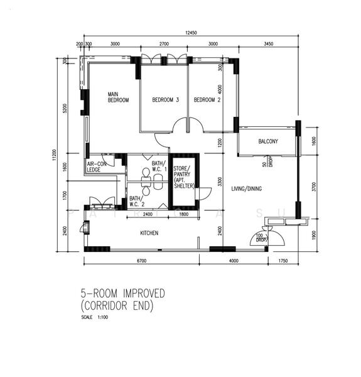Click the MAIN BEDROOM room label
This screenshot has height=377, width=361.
pyautogui.click(x=118, y=97)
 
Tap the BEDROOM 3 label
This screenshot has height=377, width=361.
pyautogui.click(x=166, y=100)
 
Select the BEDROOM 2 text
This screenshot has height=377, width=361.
pyautogui.click(x=207, y=100)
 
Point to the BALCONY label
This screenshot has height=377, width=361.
pyautogui.click(x=268, y=141)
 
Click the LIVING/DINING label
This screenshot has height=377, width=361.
pyautogui.click(x=246, y=188)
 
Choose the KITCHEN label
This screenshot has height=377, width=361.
pyautogui.click(x=149, y=233)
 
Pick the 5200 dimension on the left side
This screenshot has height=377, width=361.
pyautogui.click(x=66, y=108)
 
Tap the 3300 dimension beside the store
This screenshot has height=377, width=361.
pyautogui.click(x=219, y=182)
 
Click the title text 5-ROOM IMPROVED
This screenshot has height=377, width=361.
pyautogui.click(x=122, y=293)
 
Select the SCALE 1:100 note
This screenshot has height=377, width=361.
pyautogui.click(x=95, y=317)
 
